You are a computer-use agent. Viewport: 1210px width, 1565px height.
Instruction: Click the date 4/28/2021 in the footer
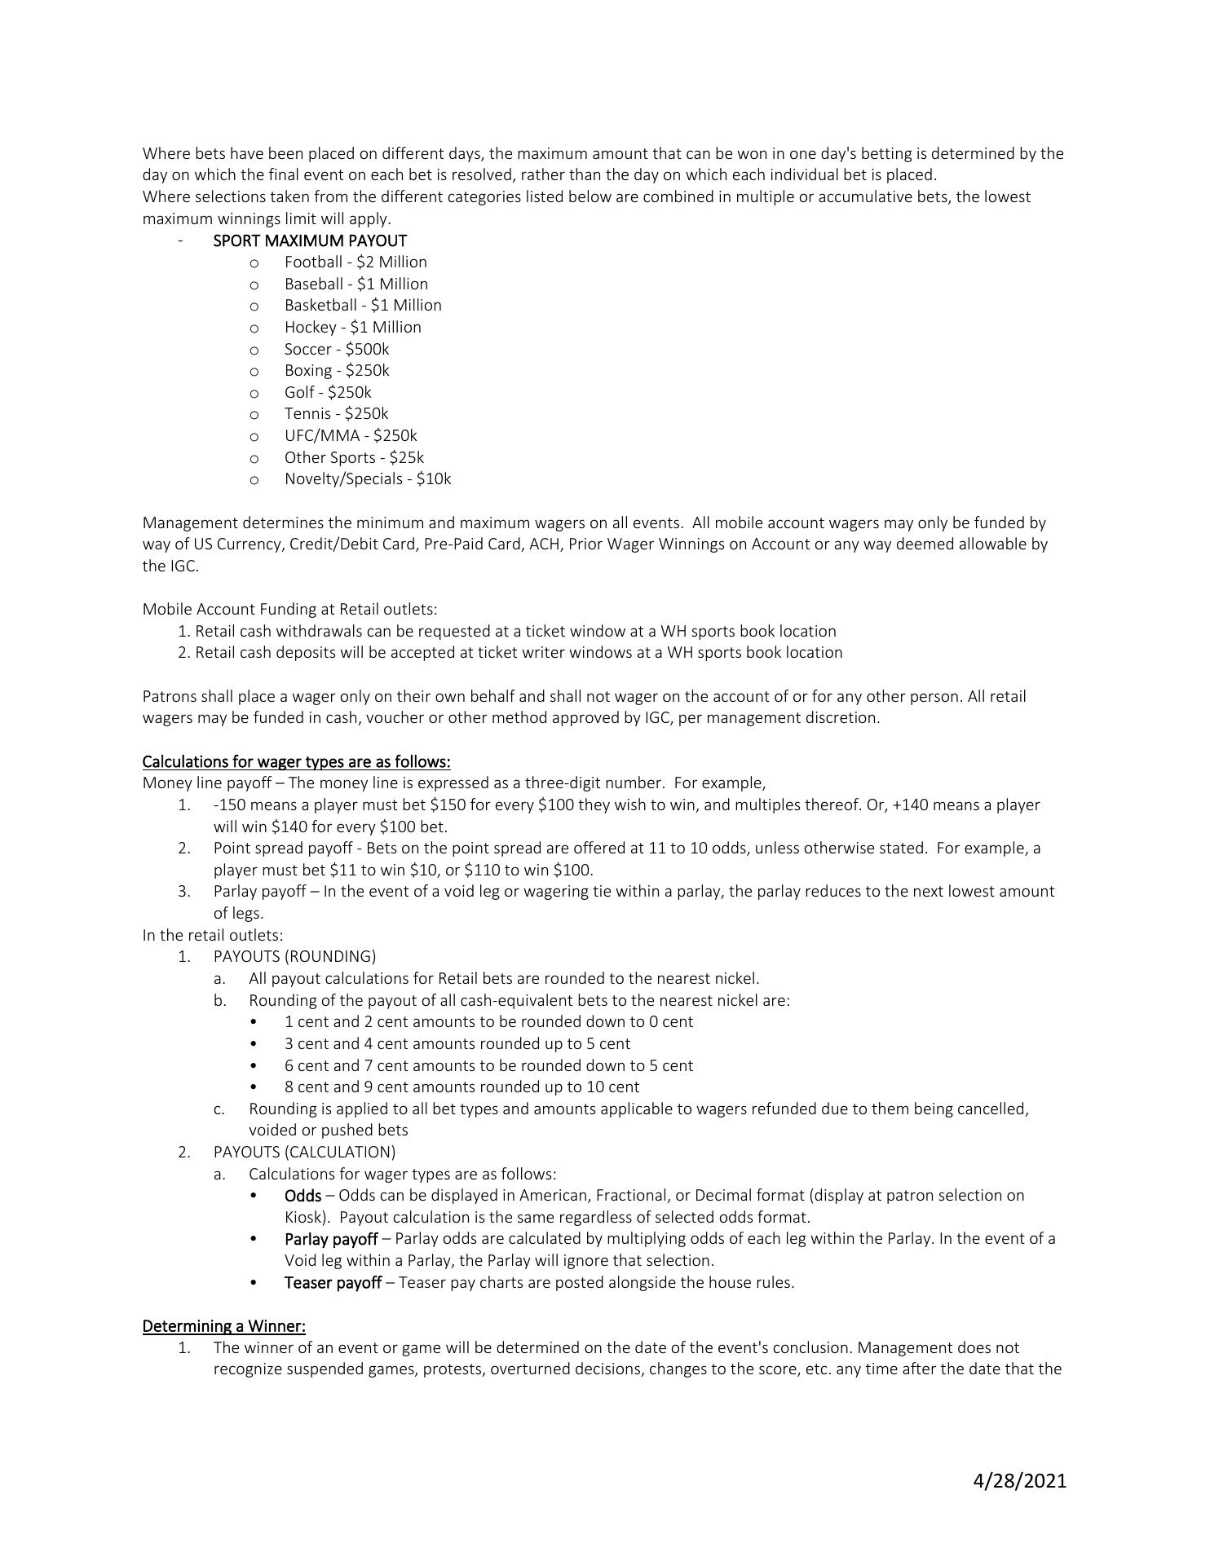(1019, 1480)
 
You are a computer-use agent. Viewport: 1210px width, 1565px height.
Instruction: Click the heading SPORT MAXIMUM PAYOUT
(310, 240)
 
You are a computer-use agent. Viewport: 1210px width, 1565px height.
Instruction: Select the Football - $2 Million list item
(355, 262)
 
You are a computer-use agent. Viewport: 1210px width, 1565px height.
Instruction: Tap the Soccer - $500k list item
(337, 349)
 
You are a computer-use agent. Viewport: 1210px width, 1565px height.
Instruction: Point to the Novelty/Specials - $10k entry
(367, 478)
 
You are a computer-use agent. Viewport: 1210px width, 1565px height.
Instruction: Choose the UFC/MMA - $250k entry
(351, 435)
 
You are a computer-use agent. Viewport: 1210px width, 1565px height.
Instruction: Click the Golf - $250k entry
(328, 392)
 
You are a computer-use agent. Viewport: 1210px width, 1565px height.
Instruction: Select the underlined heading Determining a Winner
(223, 1326)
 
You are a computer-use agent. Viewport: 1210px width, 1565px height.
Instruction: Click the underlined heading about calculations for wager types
(296, 761)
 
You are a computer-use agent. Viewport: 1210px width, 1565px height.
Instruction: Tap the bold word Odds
(302, 1195)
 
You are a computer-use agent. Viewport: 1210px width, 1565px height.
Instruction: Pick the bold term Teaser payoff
(333, 1282)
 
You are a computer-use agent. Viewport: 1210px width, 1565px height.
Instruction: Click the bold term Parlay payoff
(330, 1239)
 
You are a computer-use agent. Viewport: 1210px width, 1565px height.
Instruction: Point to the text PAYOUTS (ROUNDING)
(294, 956)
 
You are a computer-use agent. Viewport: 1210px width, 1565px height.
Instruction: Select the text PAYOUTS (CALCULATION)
(304, 1152)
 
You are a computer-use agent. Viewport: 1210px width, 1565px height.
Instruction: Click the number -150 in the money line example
(225, 805)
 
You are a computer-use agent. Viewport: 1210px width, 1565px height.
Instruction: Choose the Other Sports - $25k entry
(354, 457)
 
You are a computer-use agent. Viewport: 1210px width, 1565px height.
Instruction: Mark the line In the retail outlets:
(213, 935)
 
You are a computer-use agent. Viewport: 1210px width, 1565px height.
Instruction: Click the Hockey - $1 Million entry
(352, 327)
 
